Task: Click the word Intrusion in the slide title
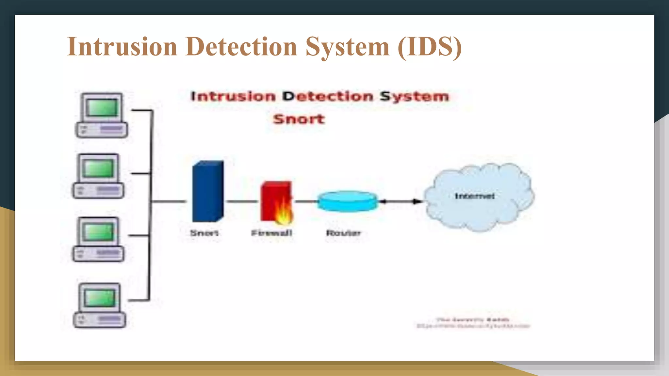click(x=122, y=47)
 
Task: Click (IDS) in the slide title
click(x=430, y=47)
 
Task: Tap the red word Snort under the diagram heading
click(x=299, y=119)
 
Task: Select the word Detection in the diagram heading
click(x=328, y=96)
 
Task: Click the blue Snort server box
click(x=208, y=192)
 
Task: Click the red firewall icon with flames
click(x=276, y=202)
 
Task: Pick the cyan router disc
click(x=347, y=201)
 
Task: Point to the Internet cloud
click(x=479, y=212)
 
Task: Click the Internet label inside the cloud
click(x=475, y=196)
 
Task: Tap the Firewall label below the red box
click(x=271, y=233)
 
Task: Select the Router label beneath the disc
click(x=343, y=233)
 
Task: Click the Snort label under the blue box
click(x=204, y=233)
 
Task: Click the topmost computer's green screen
click(x=103, y=108)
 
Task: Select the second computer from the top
click(x=98, y=176)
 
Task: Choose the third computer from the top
click(x=98, y=239)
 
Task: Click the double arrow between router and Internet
click(x=400, y=201)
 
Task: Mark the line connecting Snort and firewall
click(x=242, y=201)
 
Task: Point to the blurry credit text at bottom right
click(x=473, y=323)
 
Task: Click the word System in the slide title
click(x=348, y=47)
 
